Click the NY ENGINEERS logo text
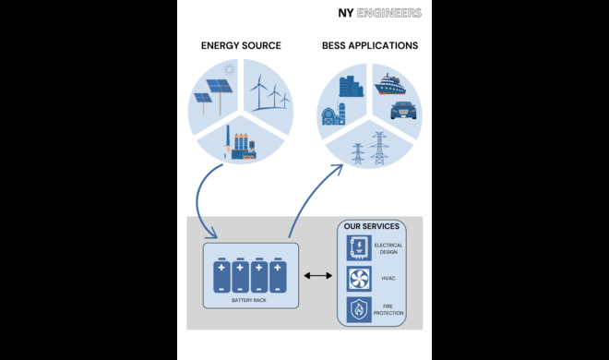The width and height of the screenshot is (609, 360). (379, 13)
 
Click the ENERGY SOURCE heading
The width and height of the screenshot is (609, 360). (241, 45)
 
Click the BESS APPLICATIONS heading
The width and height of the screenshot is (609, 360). (369, 45)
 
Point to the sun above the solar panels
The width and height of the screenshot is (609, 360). (229, 69)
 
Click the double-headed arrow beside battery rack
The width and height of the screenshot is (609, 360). (317, 276)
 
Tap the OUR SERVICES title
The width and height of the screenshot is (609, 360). (372, 226)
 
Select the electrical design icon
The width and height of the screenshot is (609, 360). (358, 247)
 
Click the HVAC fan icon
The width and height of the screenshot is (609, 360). (358, 279)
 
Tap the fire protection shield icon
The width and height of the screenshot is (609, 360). (358, 310)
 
